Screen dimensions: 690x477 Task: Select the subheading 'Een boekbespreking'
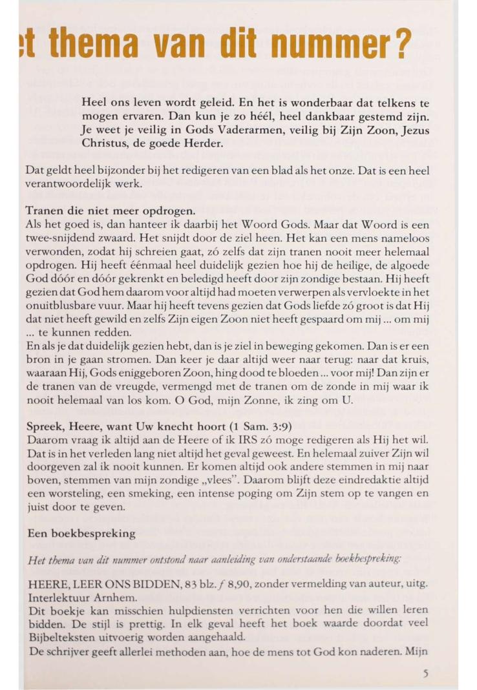pyautogui.click(x=81, y=534)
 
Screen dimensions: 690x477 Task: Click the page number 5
pyautogui.click(x=426, y=673)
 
